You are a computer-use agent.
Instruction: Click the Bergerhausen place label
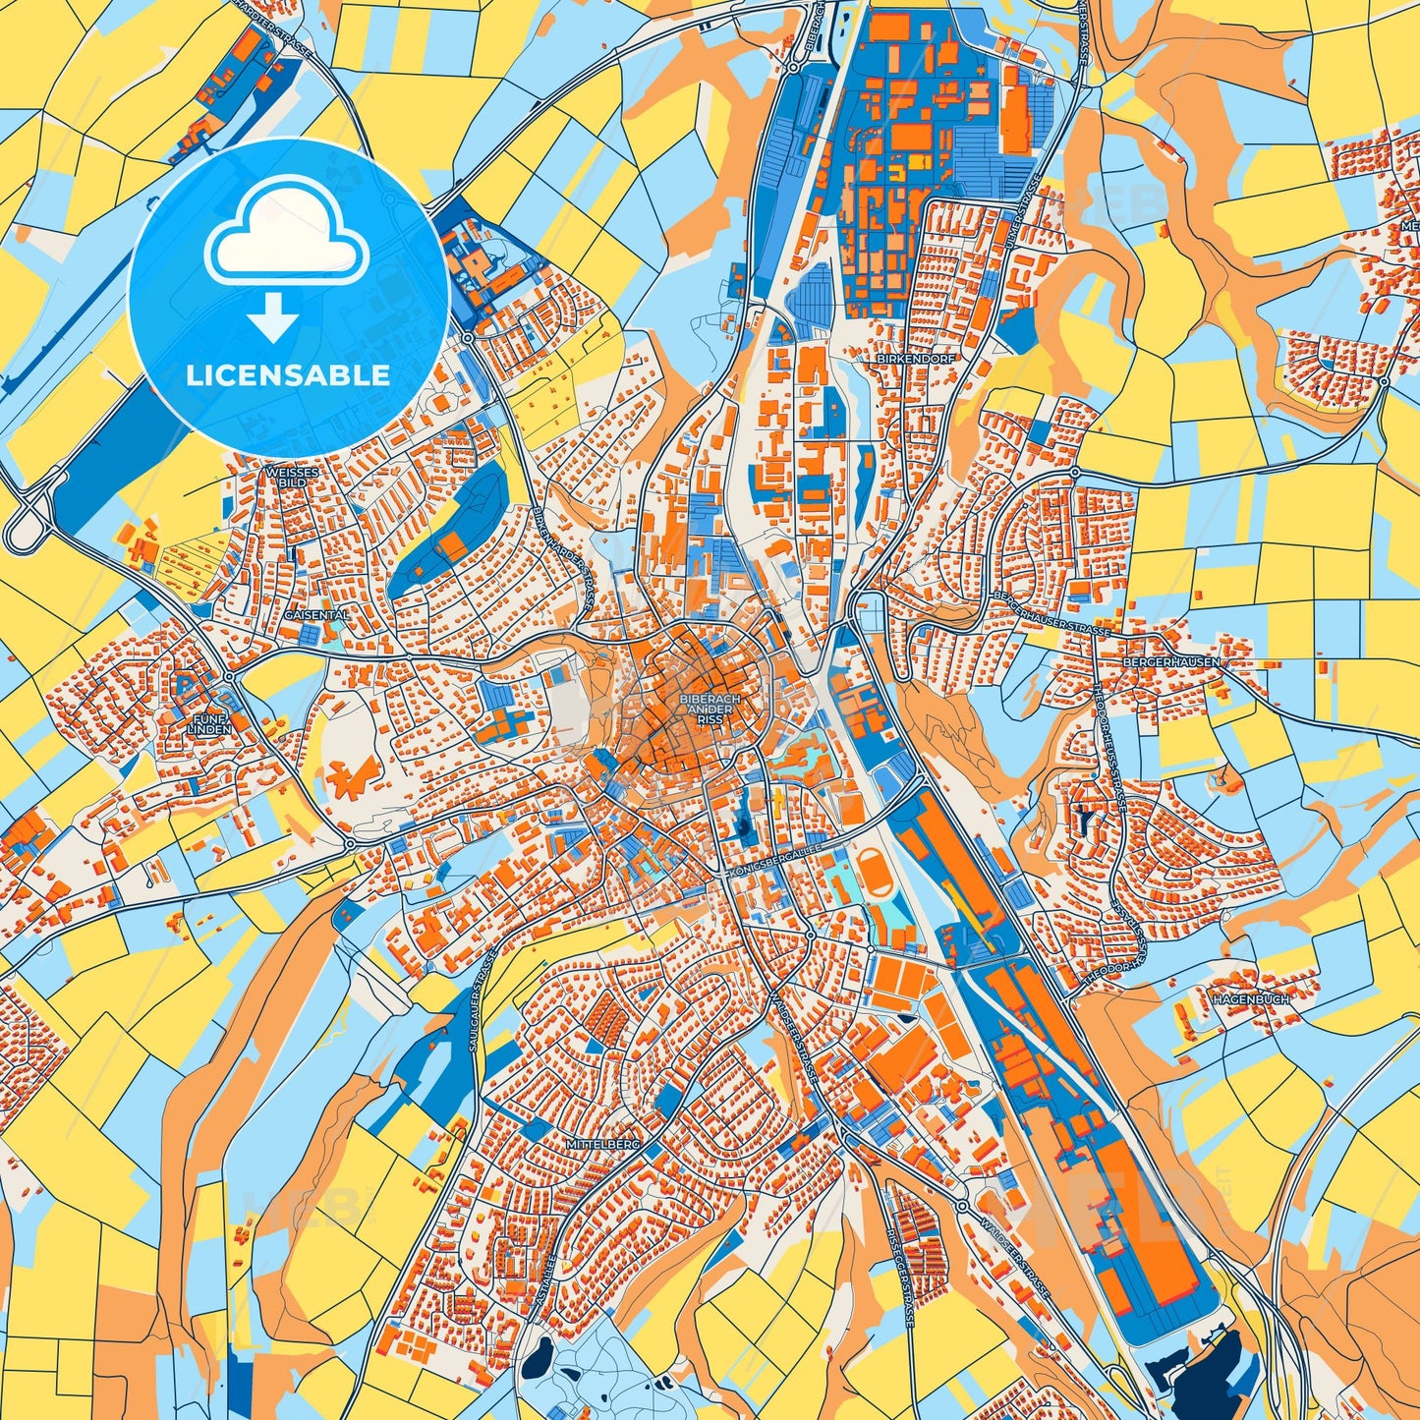[1171, 662]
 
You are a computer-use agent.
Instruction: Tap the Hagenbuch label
[1250, 998]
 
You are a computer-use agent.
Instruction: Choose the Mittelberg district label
[602, 1146]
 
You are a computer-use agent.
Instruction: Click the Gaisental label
[314, 614]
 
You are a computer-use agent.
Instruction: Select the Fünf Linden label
[211, 724]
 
